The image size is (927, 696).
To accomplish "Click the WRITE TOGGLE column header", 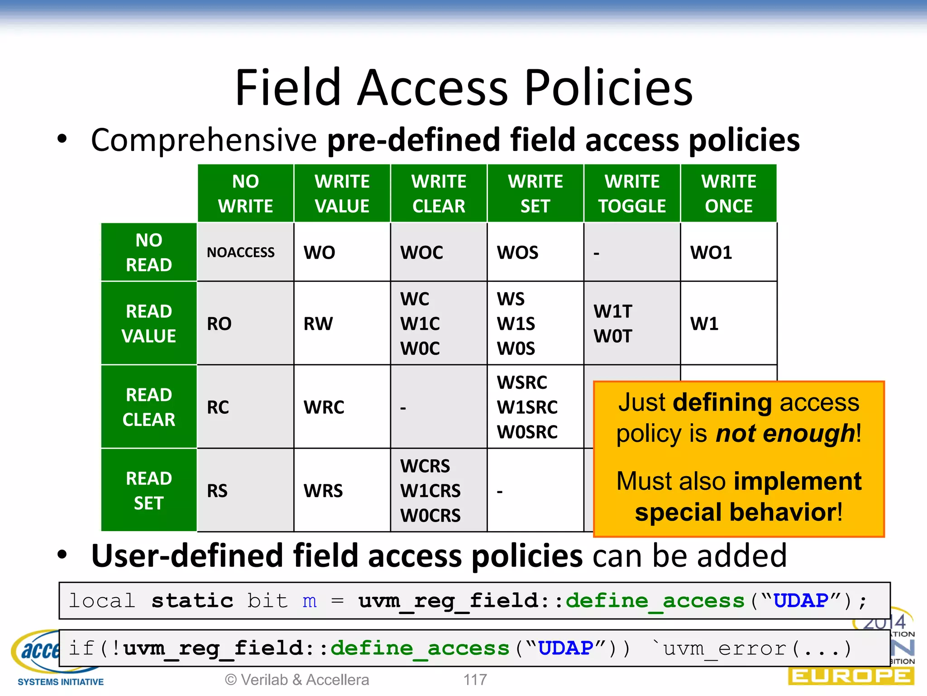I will tap(632, 193).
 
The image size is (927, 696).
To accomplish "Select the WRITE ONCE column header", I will tap(728, 193).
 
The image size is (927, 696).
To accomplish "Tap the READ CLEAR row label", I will tap(149, 407).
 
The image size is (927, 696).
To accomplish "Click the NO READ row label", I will tap(149, 252).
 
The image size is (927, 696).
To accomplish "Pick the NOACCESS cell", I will tap(241, 252).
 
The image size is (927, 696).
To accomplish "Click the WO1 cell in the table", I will tap(711, 252).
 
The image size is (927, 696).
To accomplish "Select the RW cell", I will tap(318, 324).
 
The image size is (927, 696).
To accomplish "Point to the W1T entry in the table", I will tap(613, 311).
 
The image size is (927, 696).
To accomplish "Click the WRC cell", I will tap(324, 407).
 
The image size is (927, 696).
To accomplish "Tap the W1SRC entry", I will tap(527, 407).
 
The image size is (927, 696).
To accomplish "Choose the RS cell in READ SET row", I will tap(217, 491).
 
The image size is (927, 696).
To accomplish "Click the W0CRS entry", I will tap(430, 516).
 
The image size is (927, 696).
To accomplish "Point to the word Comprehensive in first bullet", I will tap(204, 140).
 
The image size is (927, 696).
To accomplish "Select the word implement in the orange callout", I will tap(798, 481).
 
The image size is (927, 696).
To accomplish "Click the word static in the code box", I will tap(192, 601).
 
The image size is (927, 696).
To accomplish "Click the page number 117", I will tap(475, 680).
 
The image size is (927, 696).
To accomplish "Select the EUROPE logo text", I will tap(851, 677).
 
